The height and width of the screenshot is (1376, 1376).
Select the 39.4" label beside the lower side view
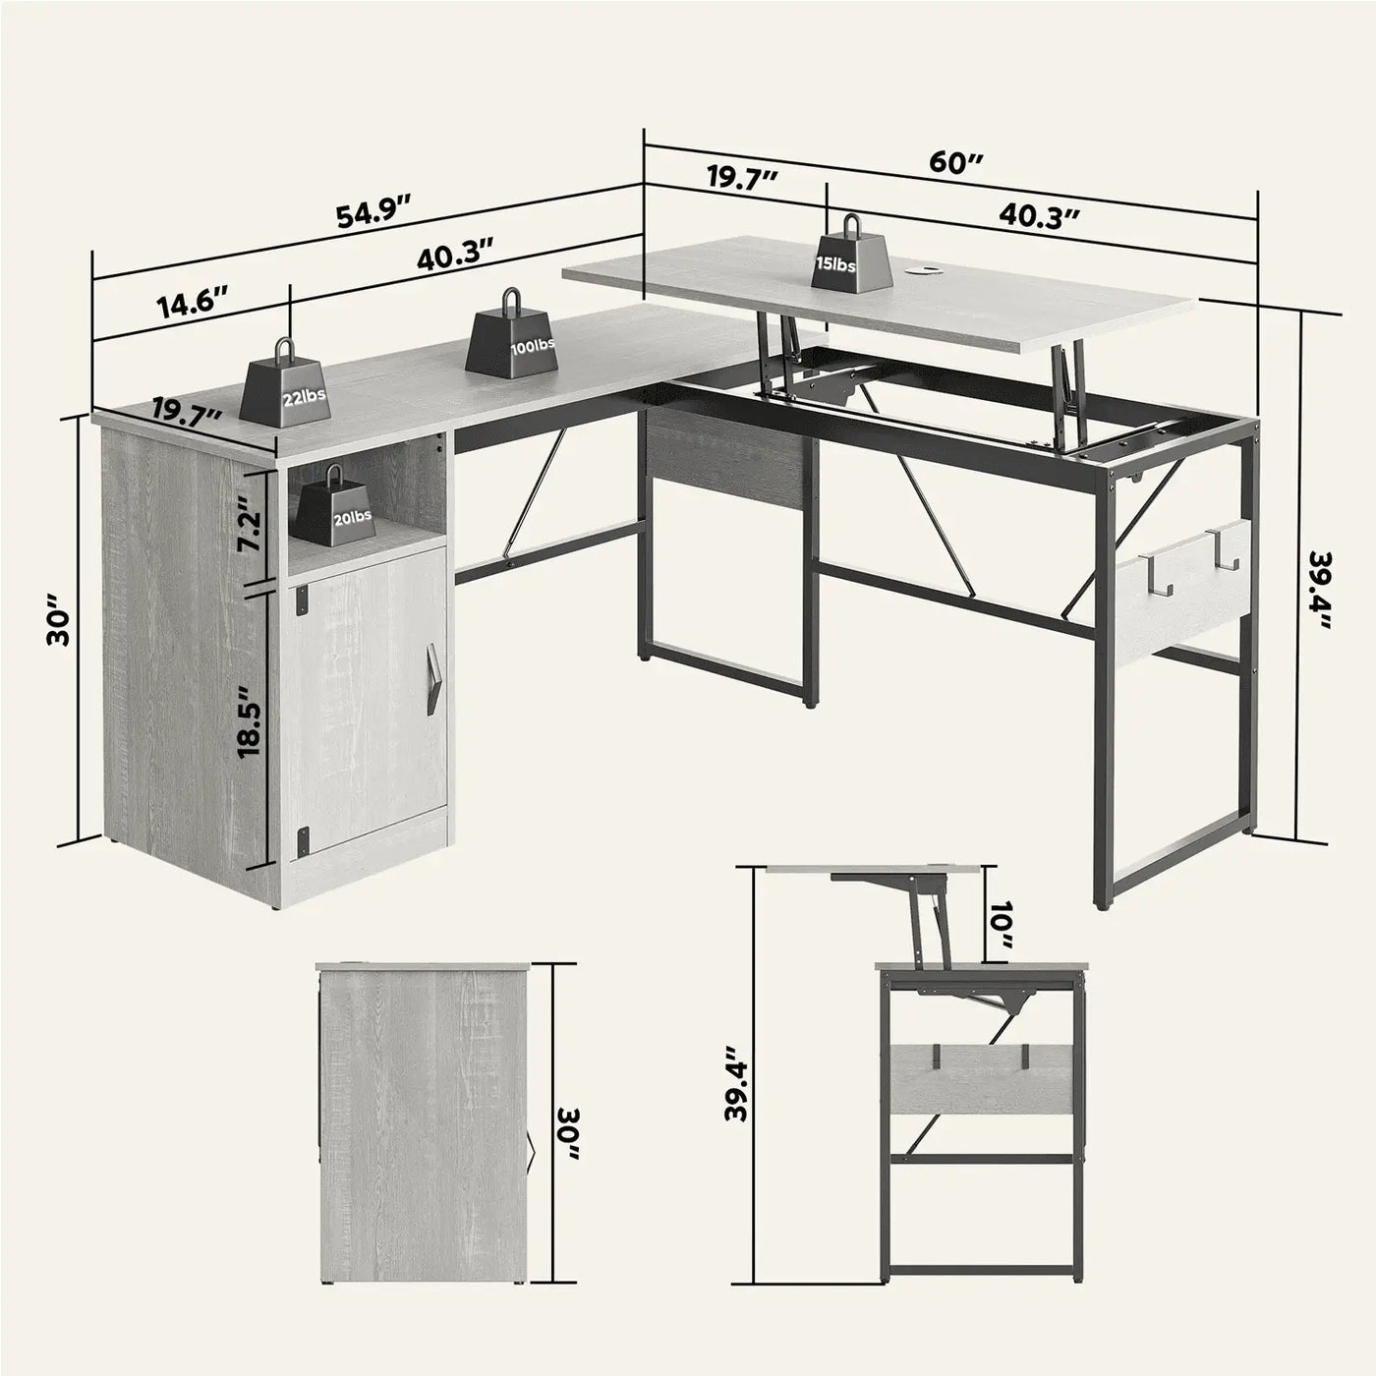pos(740,1090)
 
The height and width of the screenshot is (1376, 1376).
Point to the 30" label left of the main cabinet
pos(58,626)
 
